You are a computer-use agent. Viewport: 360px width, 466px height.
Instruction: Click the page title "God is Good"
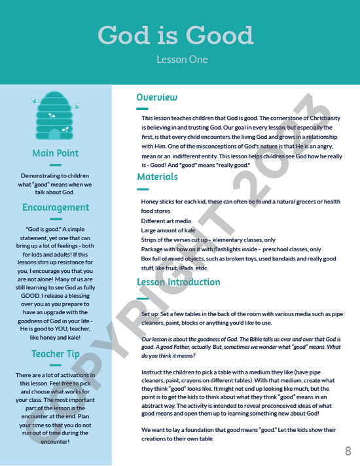[175, 35]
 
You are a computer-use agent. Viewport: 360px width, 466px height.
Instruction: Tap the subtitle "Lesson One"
[182, 60]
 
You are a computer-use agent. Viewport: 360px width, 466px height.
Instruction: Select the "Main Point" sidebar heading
[56, 153]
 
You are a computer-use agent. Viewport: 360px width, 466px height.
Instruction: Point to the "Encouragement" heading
[56, 207]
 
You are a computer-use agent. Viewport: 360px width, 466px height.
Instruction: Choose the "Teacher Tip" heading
[56, 354]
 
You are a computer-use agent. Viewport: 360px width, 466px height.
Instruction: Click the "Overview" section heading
[156, 98]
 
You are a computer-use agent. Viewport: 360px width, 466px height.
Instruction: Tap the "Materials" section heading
[157, 177]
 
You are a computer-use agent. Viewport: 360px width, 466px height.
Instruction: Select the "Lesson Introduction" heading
[178, 282]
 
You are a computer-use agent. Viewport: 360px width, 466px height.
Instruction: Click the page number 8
[348, 450]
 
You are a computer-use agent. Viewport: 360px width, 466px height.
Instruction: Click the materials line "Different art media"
[166, 221]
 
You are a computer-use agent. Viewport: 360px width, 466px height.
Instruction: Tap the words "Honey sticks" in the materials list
[158, 202]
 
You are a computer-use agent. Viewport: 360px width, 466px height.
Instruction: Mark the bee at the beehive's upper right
[76, 105]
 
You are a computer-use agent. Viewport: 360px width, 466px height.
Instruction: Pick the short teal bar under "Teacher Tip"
[56, 366]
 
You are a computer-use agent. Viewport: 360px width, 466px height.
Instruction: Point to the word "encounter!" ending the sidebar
[56, 441]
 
